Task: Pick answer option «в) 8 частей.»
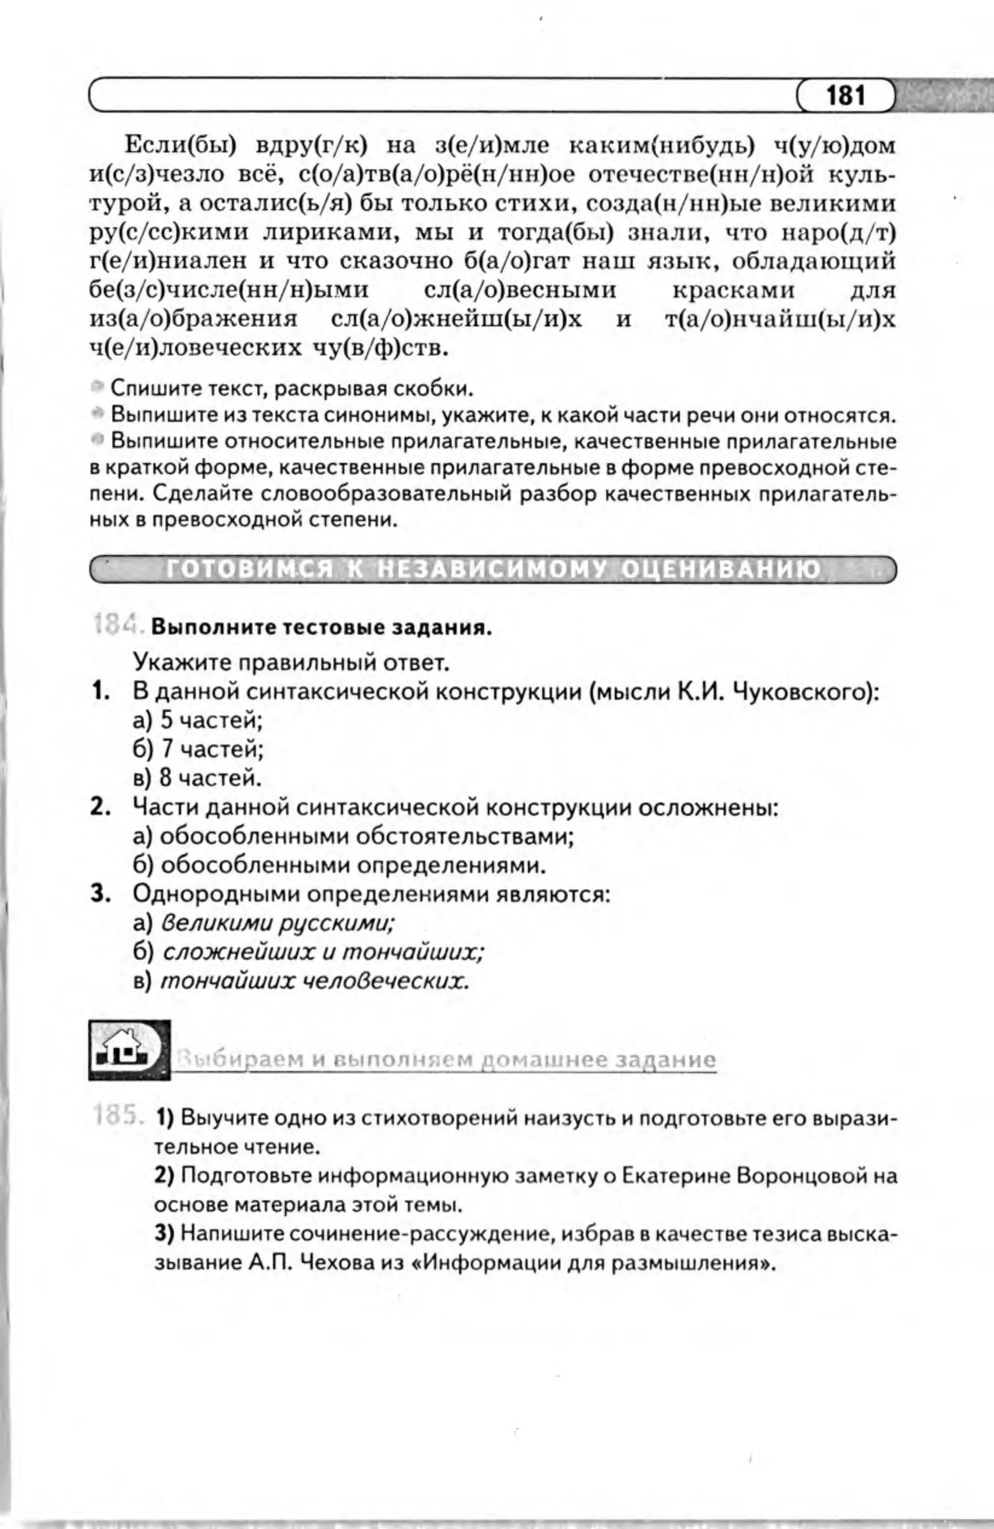(197, 778)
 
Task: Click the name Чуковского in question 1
(806, 692)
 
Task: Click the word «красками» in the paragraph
(733, 290)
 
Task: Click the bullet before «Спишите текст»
(98, 387)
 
